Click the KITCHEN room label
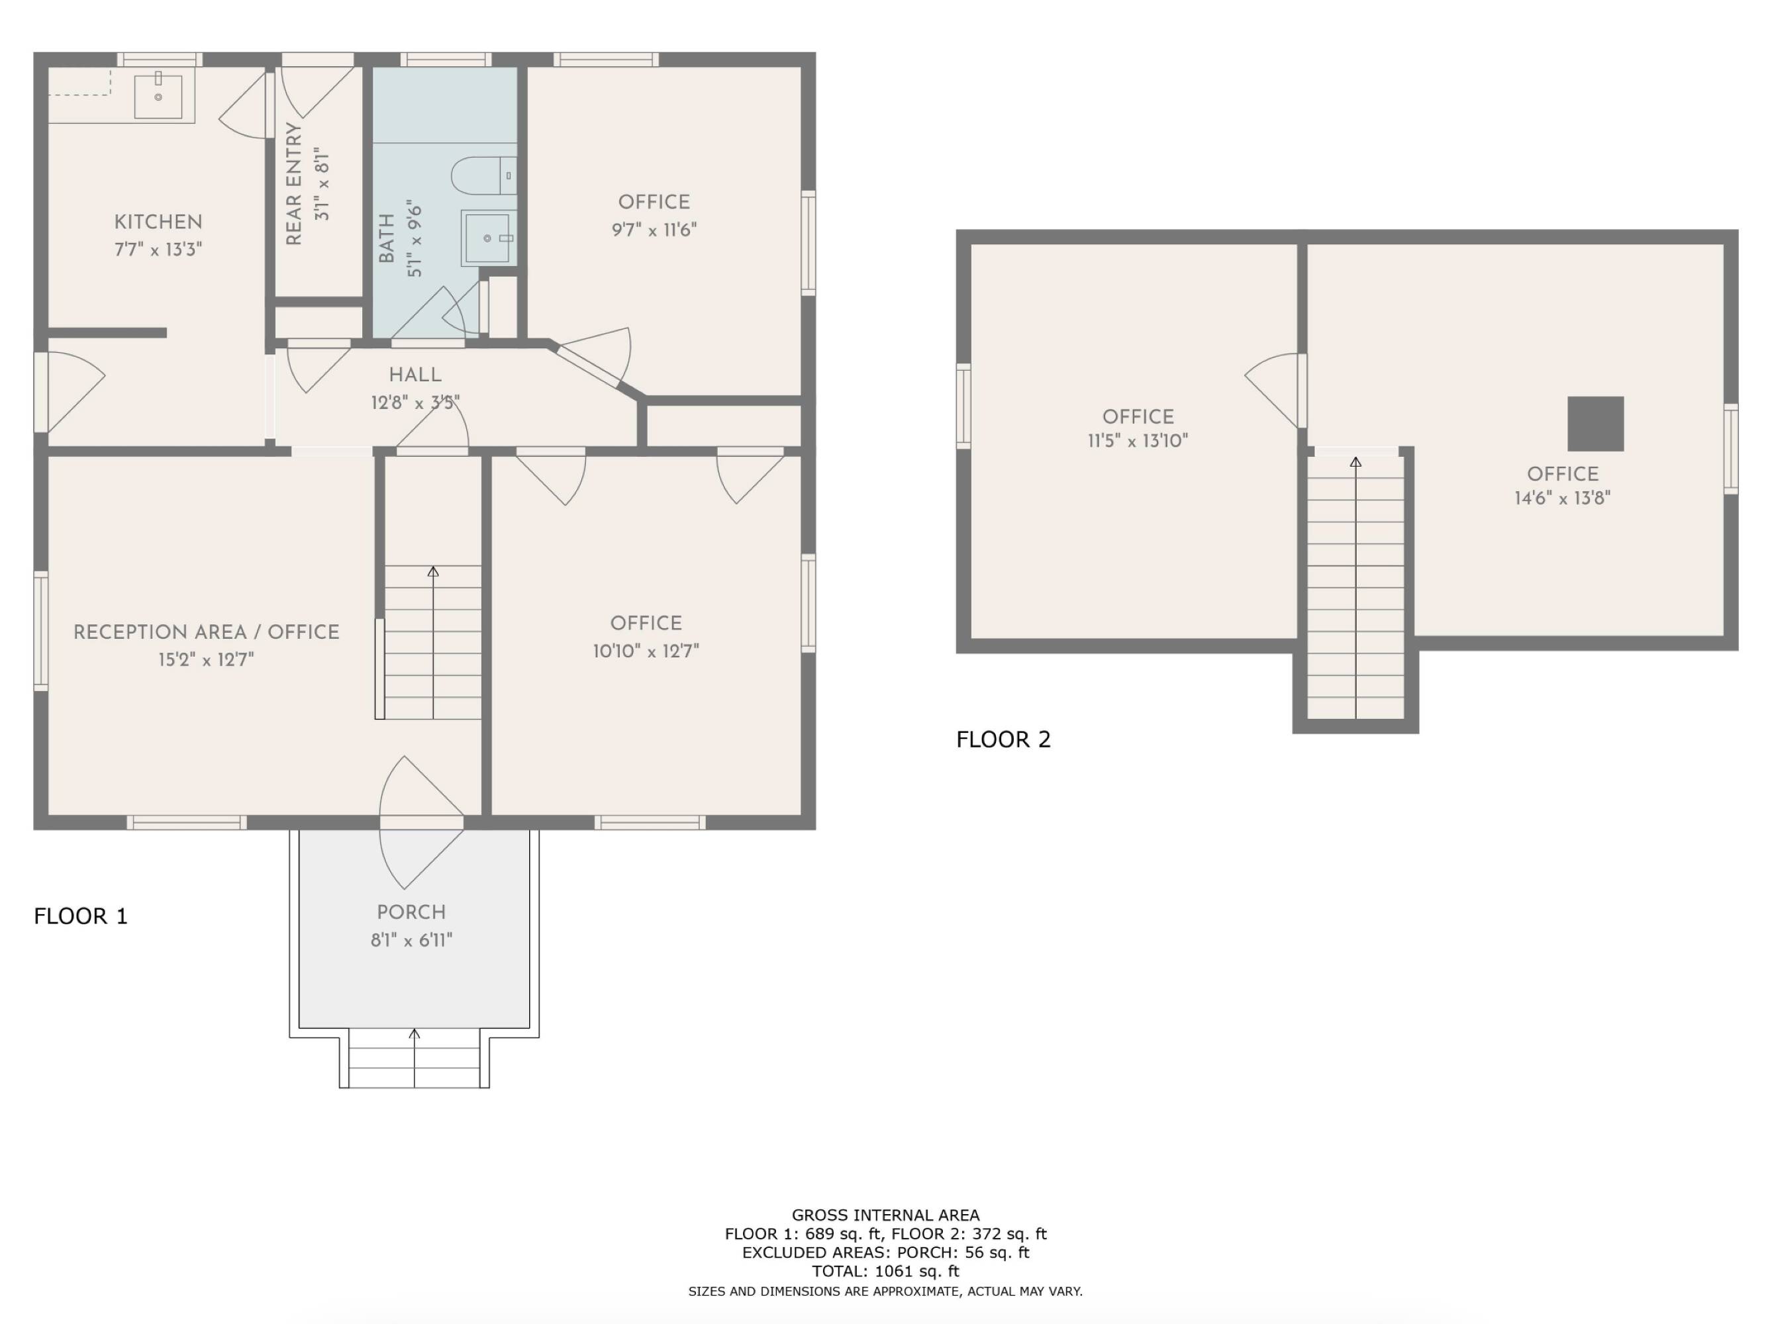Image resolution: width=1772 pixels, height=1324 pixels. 158,222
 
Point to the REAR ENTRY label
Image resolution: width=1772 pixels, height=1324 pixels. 294,183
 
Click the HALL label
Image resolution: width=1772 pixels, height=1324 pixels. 415,374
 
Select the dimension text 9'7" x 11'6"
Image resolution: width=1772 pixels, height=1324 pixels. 654,230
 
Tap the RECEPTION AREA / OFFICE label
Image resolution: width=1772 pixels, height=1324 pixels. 206,632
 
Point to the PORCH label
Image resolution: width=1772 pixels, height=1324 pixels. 411,912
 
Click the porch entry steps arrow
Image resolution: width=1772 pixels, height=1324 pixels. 414,1035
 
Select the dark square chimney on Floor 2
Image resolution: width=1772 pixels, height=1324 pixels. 1595,424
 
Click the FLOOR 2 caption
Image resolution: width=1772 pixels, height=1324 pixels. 1003,739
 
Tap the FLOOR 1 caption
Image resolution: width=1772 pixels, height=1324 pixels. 80,916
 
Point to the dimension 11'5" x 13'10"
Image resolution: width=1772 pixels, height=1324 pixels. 1137,440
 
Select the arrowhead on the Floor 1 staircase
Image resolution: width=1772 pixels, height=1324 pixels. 432,572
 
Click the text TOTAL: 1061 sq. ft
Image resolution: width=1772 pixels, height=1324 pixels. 885,1271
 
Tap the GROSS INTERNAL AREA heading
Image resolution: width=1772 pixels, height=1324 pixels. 885,1215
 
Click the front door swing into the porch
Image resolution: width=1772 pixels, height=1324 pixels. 413,857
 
